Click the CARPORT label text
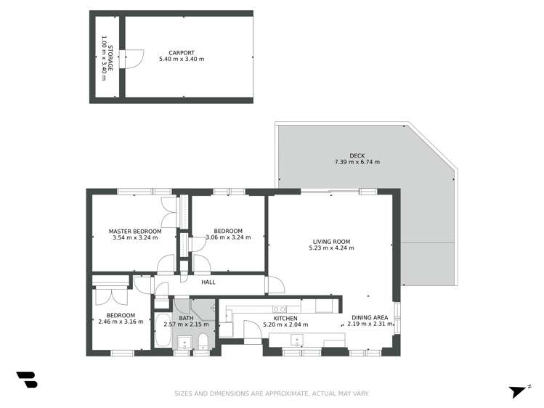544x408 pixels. pyautogui.click(x=182, y=52)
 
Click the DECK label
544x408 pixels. pyautogui.click(x=357, y=155)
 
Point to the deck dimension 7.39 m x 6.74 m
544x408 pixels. pyautogui.click(x=357, y=163)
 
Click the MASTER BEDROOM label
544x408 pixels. pyautogui.click(x=135, y=231)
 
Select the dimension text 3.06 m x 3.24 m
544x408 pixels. pyautogui.click(x=228, y=237)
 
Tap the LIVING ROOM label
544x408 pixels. pyautogui.click(x=331, y=242)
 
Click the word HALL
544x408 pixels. pyautogui.click(x=208, y=282)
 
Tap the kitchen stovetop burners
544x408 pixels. pyautogui.click(x=279, y=309)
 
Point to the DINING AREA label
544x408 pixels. pyautogui.click(x=370, y=318)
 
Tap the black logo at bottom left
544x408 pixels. pyautogui.click(x=27, y=380)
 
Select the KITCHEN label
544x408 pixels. pyautogui.click(x=285, y=318)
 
